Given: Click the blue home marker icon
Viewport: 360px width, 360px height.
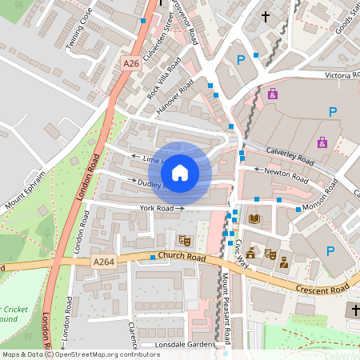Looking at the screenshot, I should pos(180,171).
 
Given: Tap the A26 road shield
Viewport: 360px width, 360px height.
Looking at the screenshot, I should pos(131,62).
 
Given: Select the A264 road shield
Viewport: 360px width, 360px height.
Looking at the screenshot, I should pos(104,261).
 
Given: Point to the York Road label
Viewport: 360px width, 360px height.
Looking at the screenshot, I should pos(157,208).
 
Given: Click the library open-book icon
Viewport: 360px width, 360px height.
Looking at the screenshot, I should pos(255,218).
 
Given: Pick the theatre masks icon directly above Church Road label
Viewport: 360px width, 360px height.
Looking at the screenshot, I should pos(185,239).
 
